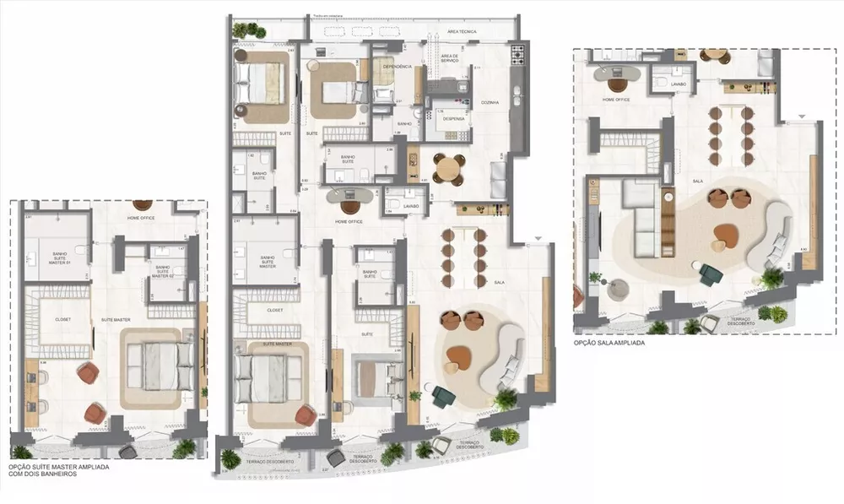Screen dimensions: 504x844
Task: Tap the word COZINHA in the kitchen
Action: (x=490, y=102)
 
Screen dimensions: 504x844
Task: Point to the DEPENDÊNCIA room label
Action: (x=398, y=66)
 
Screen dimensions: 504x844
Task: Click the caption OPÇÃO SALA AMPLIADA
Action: (x=609, y=344)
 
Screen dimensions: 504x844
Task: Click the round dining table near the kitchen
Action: (x=447, y=166)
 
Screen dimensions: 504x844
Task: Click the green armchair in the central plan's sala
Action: (x=442, y=395)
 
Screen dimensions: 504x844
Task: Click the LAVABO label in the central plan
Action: (x=411, y=205)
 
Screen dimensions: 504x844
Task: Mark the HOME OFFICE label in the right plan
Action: (x=615, y=99)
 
